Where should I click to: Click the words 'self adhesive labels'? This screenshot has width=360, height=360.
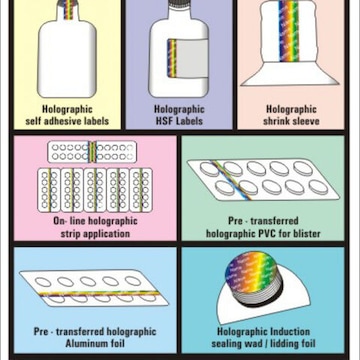[67, 121]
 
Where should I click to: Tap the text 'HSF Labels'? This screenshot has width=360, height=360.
[179, 121]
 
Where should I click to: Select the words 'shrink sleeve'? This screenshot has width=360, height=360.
[291, 121]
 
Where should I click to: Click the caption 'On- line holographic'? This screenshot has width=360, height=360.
[95, 221]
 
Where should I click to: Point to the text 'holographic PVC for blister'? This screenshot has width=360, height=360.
[263, 233]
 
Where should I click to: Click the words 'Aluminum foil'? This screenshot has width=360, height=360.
[95, 343]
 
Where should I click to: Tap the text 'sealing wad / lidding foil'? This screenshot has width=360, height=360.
[263, 343]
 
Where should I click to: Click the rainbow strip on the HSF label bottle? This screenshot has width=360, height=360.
[172, 58]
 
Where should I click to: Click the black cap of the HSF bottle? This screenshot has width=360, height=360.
[179, 3]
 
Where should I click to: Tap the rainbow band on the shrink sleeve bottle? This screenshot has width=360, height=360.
[289, 31]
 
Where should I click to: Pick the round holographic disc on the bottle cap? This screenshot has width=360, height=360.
[253, 272]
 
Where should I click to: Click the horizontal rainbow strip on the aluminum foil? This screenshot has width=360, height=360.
[99, 294]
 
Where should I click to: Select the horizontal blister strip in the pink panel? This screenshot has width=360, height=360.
[92, 152]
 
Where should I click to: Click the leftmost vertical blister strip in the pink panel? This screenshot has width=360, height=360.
[49, 190]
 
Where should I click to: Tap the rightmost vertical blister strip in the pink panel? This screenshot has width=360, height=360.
[141, 190]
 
